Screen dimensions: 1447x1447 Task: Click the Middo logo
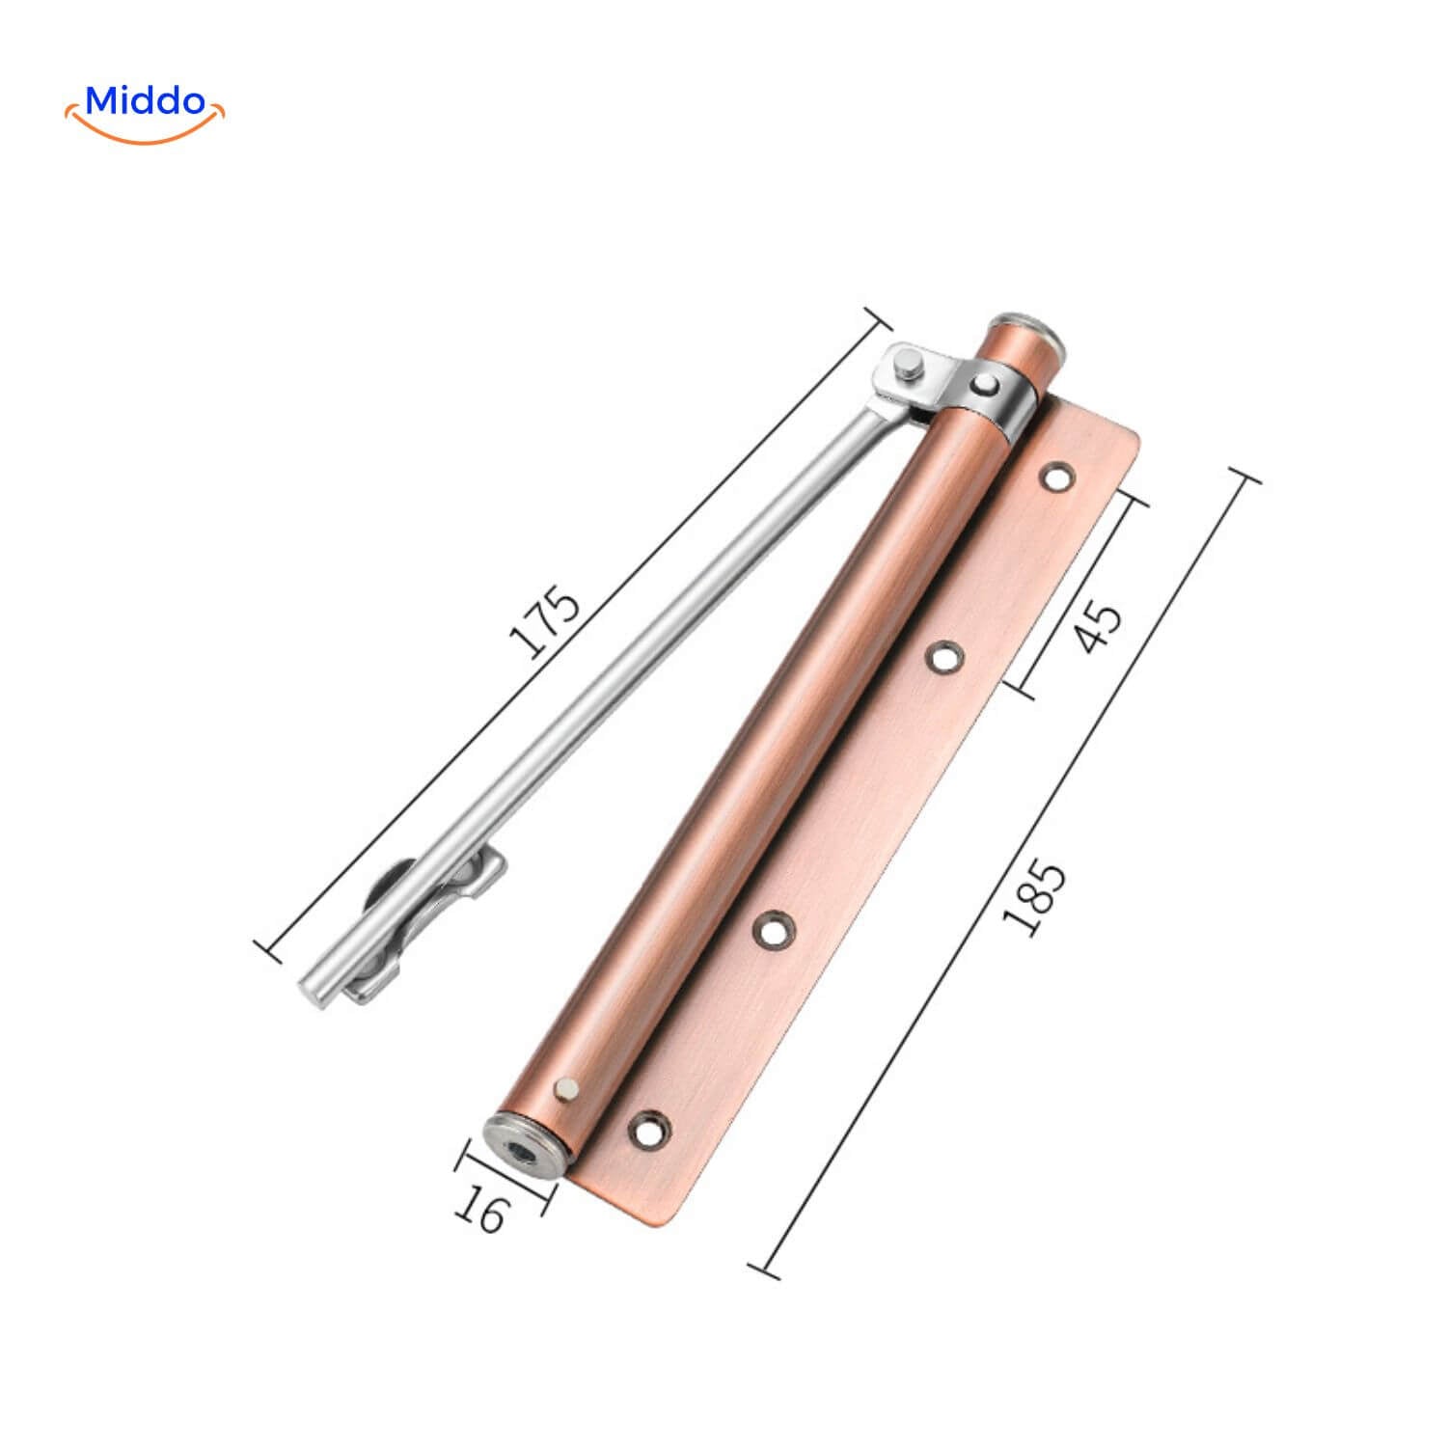point(145,112)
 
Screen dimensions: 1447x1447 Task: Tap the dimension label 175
point(546,622)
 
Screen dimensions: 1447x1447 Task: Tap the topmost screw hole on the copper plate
point(1057,476)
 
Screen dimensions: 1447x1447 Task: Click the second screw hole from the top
point(944,656)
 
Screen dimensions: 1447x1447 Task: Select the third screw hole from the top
point(774,928)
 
